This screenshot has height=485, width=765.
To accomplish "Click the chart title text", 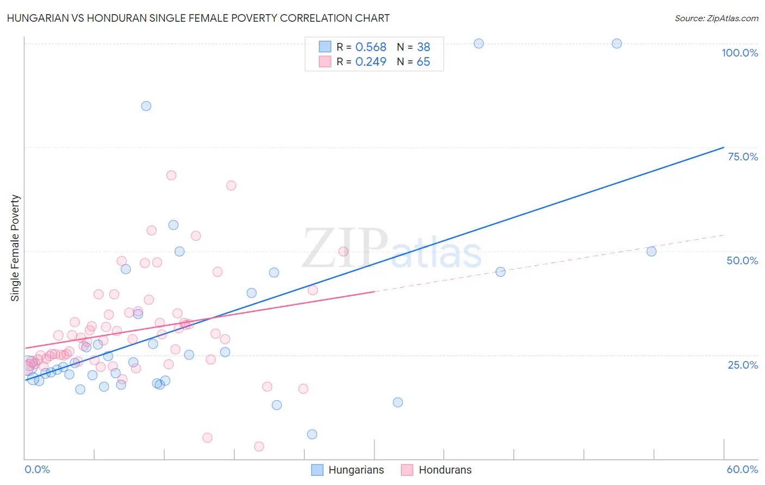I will tap(198, 18).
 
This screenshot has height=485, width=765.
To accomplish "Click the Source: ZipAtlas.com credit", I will tap(716, 18).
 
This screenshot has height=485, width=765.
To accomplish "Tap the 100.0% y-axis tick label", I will tap(739, 53).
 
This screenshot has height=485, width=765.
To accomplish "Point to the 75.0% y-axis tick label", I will tap(743, 157).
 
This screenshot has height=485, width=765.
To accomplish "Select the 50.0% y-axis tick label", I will tap(742, 260).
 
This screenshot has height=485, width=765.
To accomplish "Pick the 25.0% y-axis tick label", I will tap(743, 365).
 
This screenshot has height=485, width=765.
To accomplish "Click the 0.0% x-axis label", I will tap(37, 469).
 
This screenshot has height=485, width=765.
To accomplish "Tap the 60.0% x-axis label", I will tap(742, 469).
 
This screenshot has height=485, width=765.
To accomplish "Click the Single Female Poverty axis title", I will tap(15, 248).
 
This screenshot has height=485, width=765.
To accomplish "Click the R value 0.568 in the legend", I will tap(371, 47).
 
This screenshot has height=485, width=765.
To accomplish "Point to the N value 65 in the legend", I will tap(423, 62).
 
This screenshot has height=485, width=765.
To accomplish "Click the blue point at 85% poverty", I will tap(146, 106).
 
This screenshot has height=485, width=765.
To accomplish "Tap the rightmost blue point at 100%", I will tap(616, 43).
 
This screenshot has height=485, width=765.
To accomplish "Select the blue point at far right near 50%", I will tap(651, 251).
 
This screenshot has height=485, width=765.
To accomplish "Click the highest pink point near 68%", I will tap(171, 175).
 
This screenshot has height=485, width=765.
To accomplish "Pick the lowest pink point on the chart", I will tap(259, 446).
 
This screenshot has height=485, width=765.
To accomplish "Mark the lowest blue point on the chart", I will tap(312, 434).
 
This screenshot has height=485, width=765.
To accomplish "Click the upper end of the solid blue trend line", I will tap(724, 147).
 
